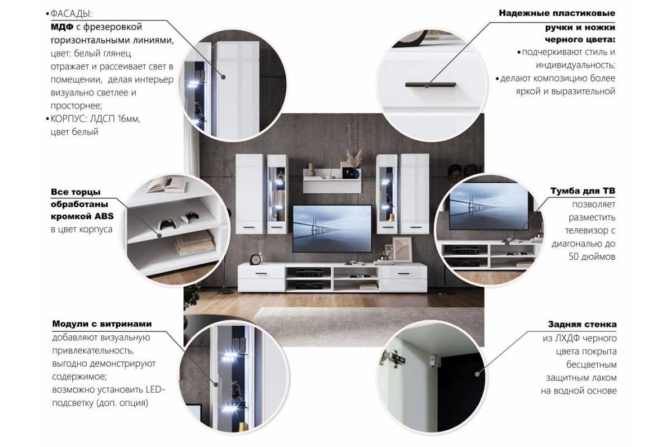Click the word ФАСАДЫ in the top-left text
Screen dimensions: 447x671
[68, 13]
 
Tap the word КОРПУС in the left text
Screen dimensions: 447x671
[68, 118]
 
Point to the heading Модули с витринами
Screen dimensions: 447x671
[102, 324]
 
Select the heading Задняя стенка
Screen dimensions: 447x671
[583, 324]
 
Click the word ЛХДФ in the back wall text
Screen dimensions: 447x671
[565, 338]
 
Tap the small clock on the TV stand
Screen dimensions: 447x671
[256, 259]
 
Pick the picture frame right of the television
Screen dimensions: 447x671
[401, 249]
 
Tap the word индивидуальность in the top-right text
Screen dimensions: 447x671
[565, 65]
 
